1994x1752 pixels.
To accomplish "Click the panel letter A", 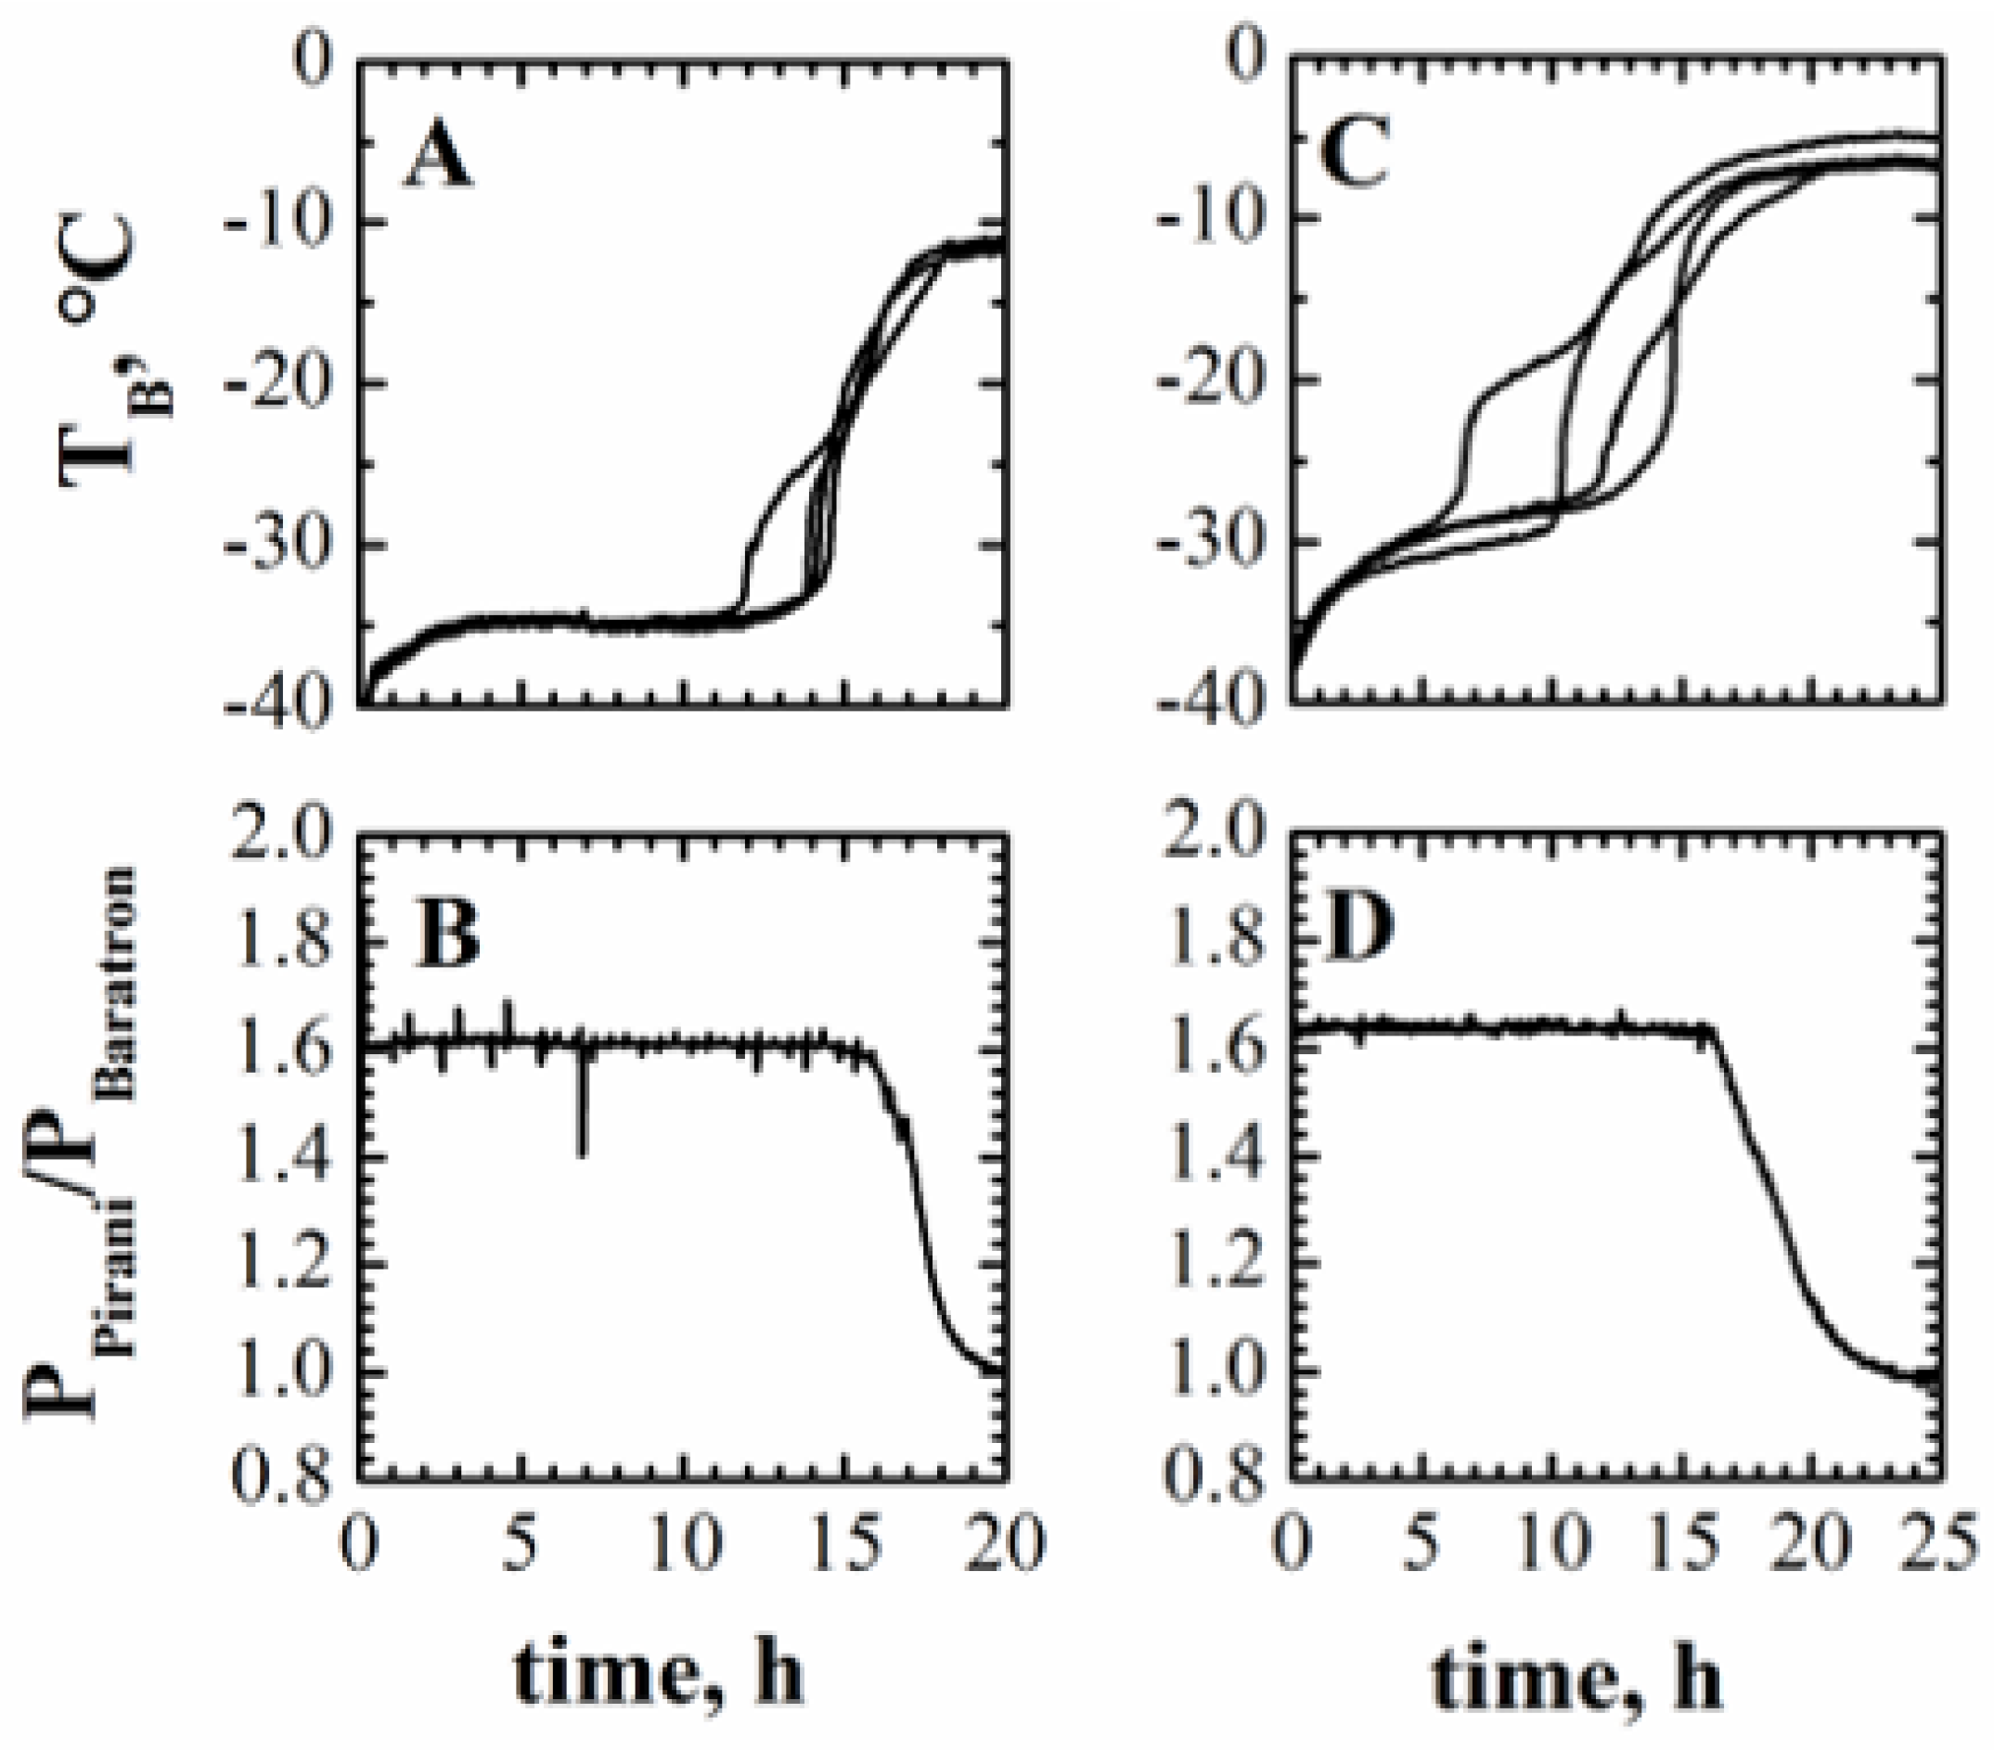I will [438, 158].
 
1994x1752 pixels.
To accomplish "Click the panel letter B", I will [448, 932].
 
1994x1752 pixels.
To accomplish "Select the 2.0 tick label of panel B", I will [280, 837].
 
